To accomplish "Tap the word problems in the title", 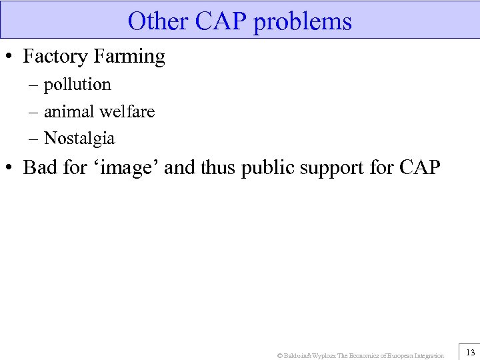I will pos(303,21).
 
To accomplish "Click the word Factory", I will pos(55,57).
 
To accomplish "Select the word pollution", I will pos(77,85).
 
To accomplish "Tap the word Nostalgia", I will pos(79,139).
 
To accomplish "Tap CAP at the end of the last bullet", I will pos(420,167).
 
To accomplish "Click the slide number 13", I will pos(470,353).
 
